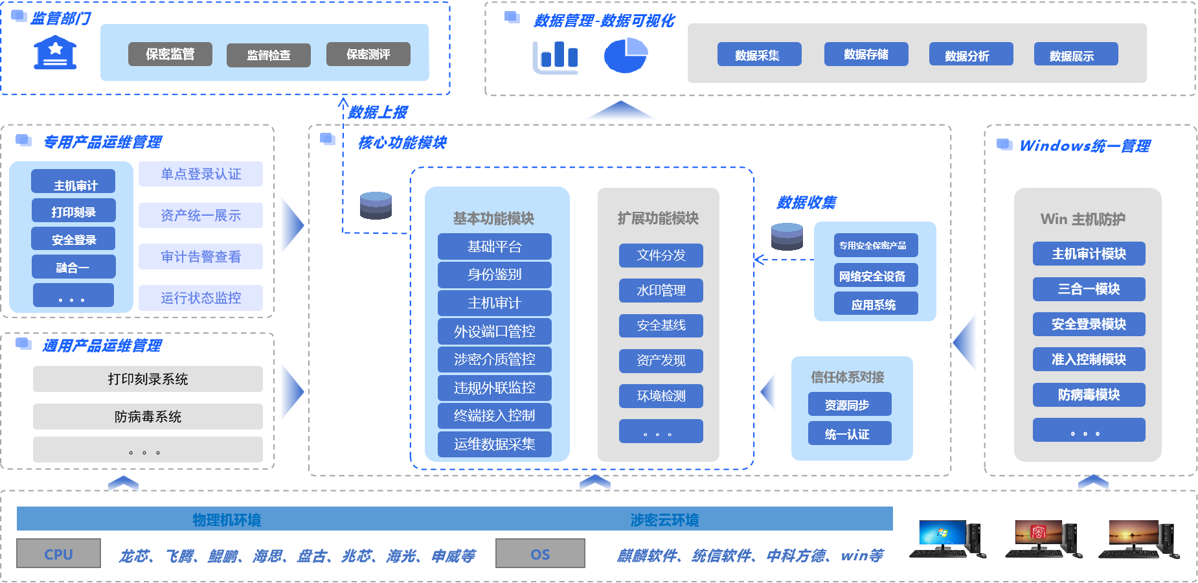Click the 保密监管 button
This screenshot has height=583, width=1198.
coord(170,54)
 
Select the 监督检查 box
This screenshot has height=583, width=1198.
coord(268,55)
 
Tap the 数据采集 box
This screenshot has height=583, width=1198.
coord(759,55)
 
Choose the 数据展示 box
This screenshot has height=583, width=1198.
coord(1076,55)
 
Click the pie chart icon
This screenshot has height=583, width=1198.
coord(626,55)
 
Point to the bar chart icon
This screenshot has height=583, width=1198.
coord(555,57)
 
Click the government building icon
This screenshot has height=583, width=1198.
coord(55,52)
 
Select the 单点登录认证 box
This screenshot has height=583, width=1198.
coord(201,174)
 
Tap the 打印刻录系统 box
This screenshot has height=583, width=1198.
coord(148,379)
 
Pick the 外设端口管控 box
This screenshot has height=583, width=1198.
coord(494,331)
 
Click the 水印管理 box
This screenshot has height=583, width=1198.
coord(661,290)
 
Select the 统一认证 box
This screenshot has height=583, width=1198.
coord(850,433)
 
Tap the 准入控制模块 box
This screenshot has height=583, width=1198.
coord(1089,359)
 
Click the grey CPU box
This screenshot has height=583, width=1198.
coord(58,554)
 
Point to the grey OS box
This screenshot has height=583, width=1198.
coord(540,554)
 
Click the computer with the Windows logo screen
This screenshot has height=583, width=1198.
coord(947,538)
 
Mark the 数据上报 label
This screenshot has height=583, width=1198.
coord(378,113)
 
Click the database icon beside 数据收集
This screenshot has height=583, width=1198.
coord(787,236)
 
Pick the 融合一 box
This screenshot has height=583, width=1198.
coord(73,267)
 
